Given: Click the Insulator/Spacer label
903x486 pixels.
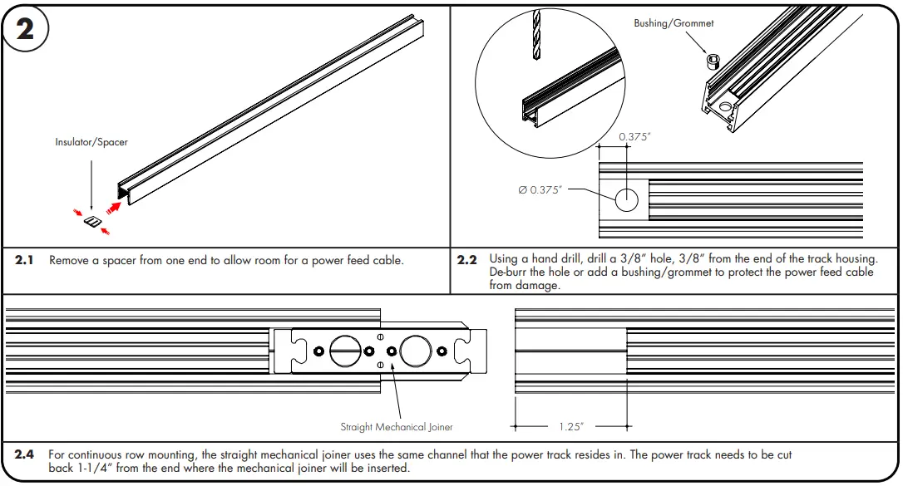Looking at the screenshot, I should pos(91,143).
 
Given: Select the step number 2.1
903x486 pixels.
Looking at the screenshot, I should pos(25,261).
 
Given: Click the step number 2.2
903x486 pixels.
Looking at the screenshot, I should pos(467,261).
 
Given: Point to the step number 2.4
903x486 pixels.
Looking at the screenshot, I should pos(25,455).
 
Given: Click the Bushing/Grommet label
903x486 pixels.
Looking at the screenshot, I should pos(674,23).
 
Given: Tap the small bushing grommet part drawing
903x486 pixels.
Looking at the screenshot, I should pos(711,61).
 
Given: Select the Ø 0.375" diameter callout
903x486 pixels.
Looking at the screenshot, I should pos(540,190).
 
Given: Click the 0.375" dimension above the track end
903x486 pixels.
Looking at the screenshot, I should pos(634,137).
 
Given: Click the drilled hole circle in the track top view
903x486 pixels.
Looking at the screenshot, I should pos(626,199).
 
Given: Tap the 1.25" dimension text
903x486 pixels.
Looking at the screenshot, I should pos(570,426).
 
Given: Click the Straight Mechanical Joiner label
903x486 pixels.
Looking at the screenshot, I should pos(397,427).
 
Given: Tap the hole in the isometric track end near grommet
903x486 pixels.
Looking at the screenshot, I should pos(726,106).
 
